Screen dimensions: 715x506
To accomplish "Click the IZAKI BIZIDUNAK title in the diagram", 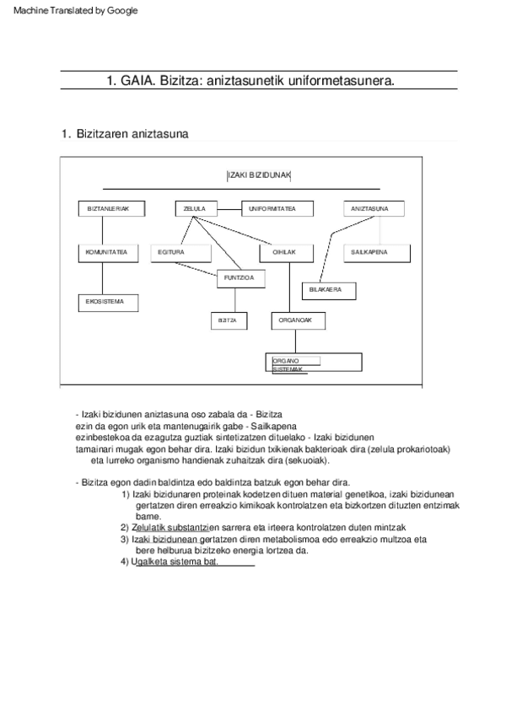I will (x=259, y=175).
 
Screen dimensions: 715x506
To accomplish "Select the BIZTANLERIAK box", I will (x=109, y=208).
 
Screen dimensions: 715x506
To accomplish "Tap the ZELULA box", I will (x=195, y=208).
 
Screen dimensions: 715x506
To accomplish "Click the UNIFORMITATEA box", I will (x=277, y=208).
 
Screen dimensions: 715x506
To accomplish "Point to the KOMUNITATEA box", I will (x=106, y=251).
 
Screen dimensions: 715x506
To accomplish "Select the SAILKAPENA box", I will (x=369, y=251).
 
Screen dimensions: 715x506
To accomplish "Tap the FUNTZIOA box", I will (x=241, y=277).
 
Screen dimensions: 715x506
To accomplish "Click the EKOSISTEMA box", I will (x=106, y=301).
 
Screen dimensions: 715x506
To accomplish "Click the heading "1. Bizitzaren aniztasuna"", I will (x=125, y=134).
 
